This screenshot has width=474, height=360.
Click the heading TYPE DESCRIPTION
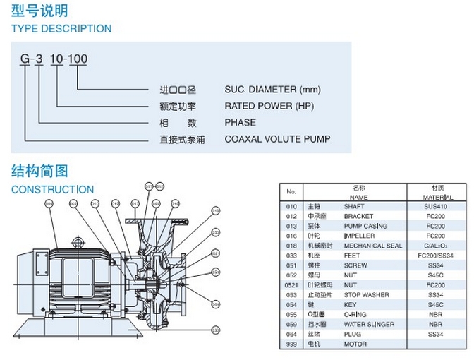(x=61, y=29)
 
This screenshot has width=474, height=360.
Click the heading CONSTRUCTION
(x=52, y=189)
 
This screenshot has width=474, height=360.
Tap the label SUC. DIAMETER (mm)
(x=272, y=90)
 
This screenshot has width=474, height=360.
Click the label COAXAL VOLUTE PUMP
(x=277, y=139)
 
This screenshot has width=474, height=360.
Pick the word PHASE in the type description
(x=240, y=122)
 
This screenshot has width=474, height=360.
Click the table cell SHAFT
(x=353, y=207)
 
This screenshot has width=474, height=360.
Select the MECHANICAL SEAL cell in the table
(x=372, y=246)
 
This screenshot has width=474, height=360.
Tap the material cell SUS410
(x=436, y=207)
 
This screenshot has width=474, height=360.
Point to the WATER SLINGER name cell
(x=369, y=324)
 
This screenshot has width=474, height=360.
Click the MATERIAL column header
(x=436, y=197)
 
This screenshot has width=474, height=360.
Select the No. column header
(x=291, y=192)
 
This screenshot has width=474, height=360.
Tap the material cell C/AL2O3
(x=436, y=246)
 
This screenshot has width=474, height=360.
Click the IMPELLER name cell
(x=358, y=236)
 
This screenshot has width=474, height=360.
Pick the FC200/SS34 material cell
(x=436, y=256)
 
